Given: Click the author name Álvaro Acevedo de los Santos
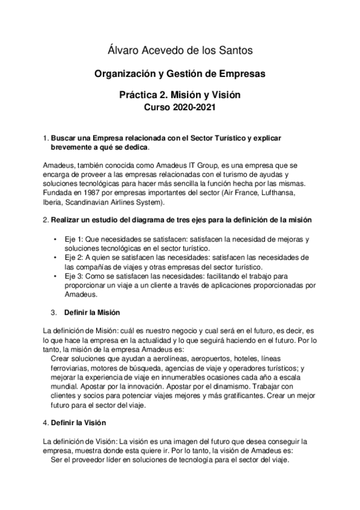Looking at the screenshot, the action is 180,50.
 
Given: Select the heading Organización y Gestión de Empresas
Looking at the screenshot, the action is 180,74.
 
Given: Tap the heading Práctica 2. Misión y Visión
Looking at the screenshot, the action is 180,96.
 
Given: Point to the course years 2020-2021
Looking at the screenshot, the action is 193,108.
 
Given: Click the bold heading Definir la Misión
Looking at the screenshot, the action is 92,313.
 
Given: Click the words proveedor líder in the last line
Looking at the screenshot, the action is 95,460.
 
